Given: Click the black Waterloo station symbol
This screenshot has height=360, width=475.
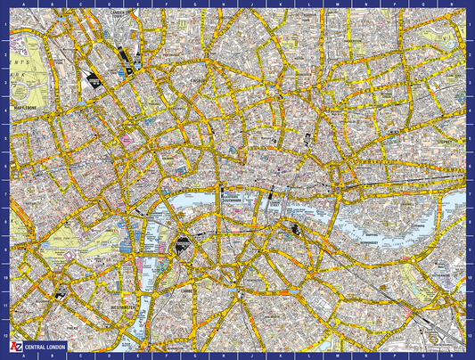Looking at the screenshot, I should (184, 242).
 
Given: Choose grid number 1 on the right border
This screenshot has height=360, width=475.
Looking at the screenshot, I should (471, 24).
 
